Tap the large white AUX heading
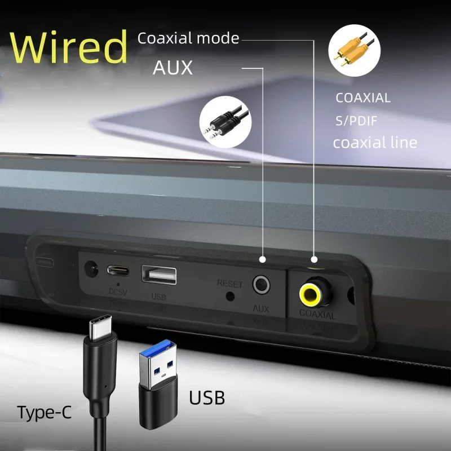click(x=173, y=68)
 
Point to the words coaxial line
click(x=375, y=142)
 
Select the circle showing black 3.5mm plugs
click(x=225, y=122)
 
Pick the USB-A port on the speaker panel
click(x=159, y=275)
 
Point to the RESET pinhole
click(x=229, y=297)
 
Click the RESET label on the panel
click(x=229, y=283)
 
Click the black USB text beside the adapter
click(x=206, y=398)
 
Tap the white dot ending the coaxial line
click(x=314, y=259)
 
